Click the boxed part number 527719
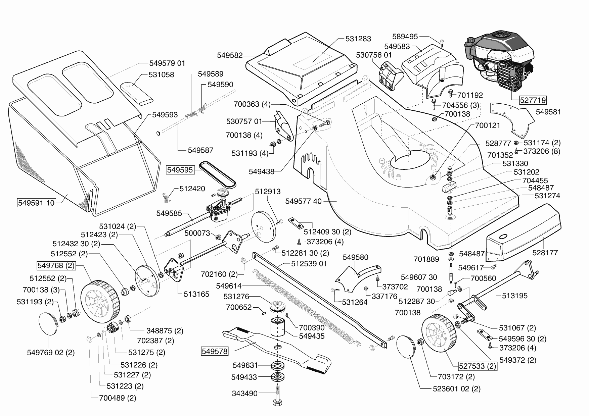(533, 100)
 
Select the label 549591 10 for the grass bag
(36, 203)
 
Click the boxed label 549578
(215, 352)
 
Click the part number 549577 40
(303, 201)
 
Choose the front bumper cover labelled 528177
(524, 235)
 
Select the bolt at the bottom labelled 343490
(278, 396)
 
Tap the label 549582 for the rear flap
(230, 55)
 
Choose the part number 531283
(358, 39)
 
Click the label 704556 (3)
(461, 105)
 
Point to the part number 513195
(514, 296)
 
